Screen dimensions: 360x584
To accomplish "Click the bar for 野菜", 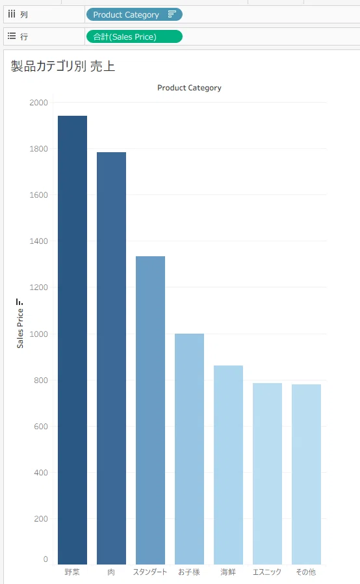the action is pyautogui.click(x=72, y=339).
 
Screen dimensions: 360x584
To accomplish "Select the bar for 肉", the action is pyautogui.click(x=111, y=358).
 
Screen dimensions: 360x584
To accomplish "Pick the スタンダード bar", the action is pyautogui.click(x=150, y=410).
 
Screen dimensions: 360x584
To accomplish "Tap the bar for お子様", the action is pyautogui.click(x=190, y=449).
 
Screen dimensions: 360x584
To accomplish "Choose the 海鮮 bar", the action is pyautogui.click(x=228, y=465).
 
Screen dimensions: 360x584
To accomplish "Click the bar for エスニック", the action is pyautogui.click(x=267, y=473).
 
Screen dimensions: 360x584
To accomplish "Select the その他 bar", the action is pyautogui.click(x=307, y=474).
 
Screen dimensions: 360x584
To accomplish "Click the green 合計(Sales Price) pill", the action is pyautogui.click(x=135, y=36).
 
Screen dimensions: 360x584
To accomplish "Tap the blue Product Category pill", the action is pyautogui.click(x=135, y=14).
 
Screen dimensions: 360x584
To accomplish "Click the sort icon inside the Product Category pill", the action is pyautogui.click(x=172, y=14).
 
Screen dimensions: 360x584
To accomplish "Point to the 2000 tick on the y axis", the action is pyautogui.click(x=39, y=102).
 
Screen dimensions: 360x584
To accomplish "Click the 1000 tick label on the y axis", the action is pyautogui.click(x=39, y=334).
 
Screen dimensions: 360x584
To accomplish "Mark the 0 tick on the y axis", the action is pyautogui.click(x=45, y=559).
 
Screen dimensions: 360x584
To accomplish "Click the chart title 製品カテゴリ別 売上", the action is pyautogui.click(x=63, y=66).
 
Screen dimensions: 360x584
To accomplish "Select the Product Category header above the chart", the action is pyautogui.click(x=189, y=88).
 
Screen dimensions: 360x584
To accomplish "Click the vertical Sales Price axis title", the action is pyautogui.click(x=20, y=328).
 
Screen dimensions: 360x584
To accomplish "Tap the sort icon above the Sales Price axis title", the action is pyautogui.click(x=19, y=302).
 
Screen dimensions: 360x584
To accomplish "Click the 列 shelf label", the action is pyautogui.click(x=24, y=14).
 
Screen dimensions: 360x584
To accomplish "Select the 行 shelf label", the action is pyautogui.click(x=24, y=36).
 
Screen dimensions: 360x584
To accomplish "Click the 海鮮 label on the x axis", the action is pyautogui.click(x=228, y=572).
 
